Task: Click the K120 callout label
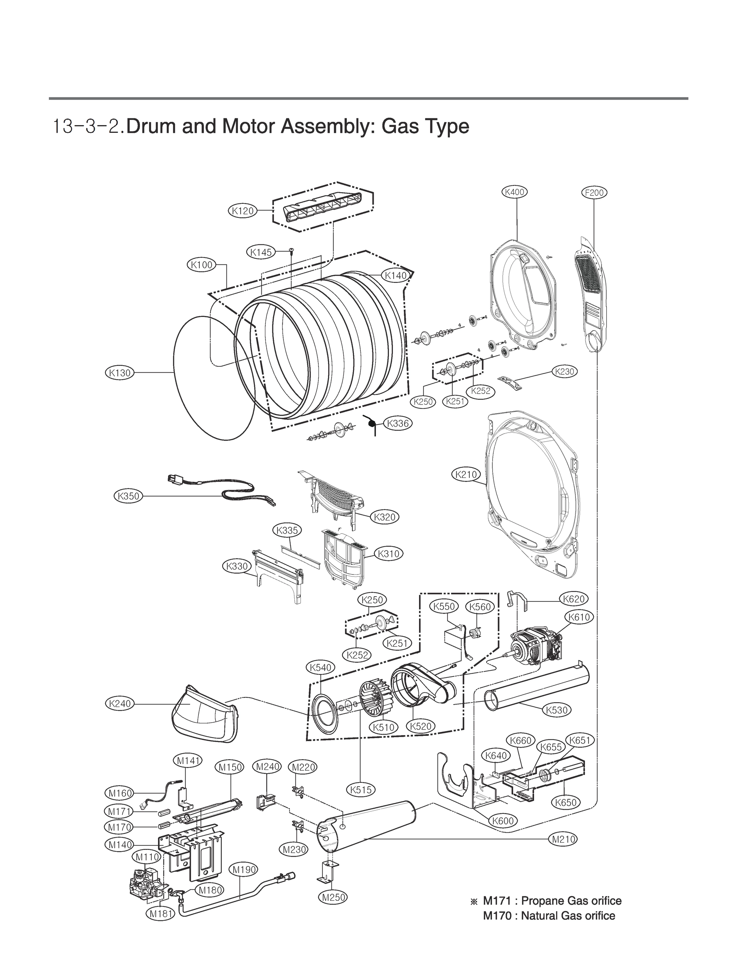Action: point(243,211)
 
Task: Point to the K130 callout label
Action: point(119,373)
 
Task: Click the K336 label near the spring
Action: point(398,423)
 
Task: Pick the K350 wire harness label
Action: point(128,496)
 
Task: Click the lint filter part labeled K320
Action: point(334,500)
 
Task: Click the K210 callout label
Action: point(466,475)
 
